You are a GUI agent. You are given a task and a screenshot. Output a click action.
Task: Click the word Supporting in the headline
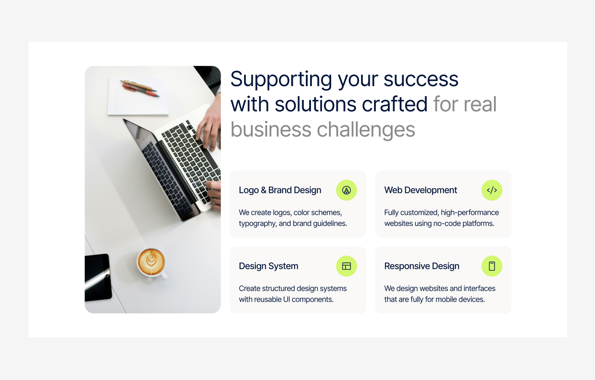tap(281, 79)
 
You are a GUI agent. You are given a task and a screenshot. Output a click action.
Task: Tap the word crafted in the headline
tap(394, 104)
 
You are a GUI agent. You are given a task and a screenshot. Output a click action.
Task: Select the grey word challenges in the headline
tap(366, 130)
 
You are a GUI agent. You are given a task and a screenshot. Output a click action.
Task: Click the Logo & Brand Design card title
tap(280, 190)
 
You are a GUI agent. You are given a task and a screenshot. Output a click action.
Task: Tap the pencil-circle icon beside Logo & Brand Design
tap(346, 190)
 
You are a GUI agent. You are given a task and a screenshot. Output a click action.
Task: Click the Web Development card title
tap(420, 190)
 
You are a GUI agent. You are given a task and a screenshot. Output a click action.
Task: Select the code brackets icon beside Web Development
tap(491, 190)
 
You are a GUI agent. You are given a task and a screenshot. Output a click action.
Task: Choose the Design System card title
tap(268, 266)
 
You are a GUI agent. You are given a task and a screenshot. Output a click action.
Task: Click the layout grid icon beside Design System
tap(346, 266)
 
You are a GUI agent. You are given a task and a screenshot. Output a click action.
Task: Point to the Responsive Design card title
tap(422, 266)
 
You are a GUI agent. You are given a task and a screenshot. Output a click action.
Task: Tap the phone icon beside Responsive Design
tap(491, 266)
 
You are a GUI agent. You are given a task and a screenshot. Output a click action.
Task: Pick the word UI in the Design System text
tap(286, 299)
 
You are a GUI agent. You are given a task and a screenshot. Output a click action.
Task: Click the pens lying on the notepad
tap(140, 88)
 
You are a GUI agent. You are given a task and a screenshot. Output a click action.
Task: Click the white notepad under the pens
tap(138, 97)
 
